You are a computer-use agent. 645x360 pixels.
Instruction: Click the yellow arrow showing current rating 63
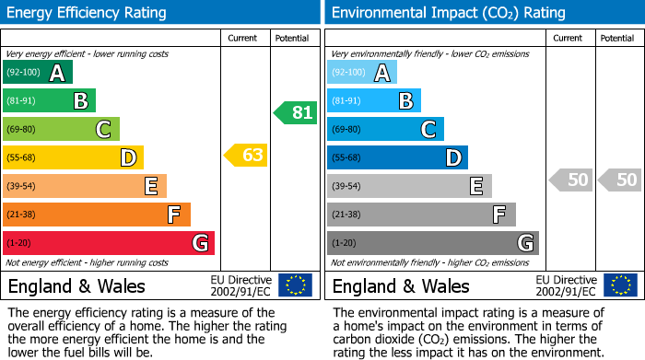point(246,156)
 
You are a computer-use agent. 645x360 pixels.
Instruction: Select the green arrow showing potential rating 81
point(295,113)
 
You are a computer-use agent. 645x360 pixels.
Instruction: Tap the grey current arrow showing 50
point(570,180)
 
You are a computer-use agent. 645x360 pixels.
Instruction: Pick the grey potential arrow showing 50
point(619,180)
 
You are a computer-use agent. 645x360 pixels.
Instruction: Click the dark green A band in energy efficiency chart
point(38,73)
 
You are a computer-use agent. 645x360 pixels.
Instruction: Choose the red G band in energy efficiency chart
point(109,243)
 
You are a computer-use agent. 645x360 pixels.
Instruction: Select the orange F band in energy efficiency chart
point(97,215)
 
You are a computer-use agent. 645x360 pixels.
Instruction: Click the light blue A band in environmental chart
point(362,73)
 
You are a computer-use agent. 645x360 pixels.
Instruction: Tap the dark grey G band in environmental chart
point(433,243)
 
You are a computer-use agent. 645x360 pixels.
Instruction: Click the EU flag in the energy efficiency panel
point(295,285)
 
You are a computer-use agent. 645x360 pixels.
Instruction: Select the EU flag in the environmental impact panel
point(619,285)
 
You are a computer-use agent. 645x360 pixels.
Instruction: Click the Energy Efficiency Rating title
point(87,13)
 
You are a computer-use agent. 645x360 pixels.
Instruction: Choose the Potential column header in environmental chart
point(617,39)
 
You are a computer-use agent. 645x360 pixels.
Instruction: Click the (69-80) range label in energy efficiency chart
point(23,130)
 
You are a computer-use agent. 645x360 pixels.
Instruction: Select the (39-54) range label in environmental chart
point(347,187)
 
